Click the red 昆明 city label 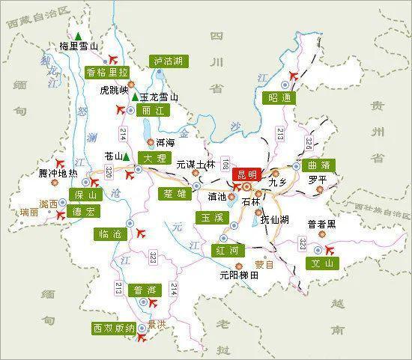(247, 174)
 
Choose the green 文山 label (323, 263)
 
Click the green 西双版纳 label (113, 329)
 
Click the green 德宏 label (83, 212)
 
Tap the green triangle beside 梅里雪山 (78, 34)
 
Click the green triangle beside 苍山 (127, 156)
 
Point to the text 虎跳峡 (114, 91)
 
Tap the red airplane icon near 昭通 (292, 75)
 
